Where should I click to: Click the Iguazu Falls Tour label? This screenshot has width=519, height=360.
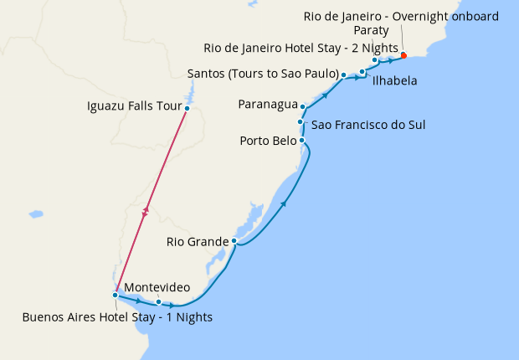[x=134, y=106]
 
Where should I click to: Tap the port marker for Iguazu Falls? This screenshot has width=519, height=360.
[x=188, y=108]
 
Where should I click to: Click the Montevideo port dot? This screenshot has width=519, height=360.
[x=158, y=301]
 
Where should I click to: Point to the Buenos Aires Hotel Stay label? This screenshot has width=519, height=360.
[x=117, y=317]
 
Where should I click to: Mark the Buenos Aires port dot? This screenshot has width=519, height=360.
[x=115, y=295]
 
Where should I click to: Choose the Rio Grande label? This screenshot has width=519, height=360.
[x=197, y=242]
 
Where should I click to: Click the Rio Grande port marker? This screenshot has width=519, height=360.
[x=234, y=241]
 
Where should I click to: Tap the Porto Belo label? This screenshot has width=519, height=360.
[x=268, y=140]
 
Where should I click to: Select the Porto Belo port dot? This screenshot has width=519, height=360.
[x=301, y=140]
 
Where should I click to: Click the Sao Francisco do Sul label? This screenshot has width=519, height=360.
[x=368, y=125]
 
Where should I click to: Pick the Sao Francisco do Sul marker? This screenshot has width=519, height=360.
[x=300, y=122]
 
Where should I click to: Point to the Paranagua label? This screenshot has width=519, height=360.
[x=268, y=105]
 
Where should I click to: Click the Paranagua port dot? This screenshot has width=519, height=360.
[x=302, y=107]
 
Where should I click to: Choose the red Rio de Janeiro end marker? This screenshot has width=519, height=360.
[x=403, y=55]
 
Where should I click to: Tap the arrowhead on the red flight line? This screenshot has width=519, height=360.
[x=146, y=213]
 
